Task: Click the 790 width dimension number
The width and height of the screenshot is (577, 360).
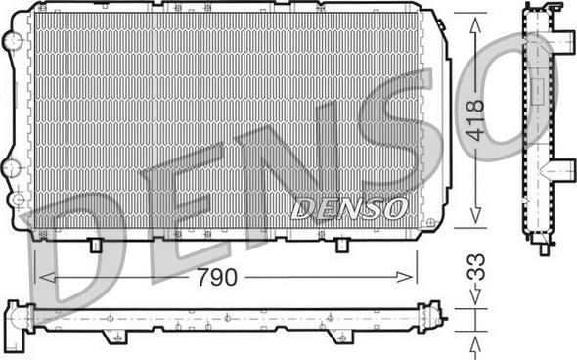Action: click(x=217, y=277)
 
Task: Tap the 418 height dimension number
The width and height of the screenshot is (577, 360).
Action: click(x=474, y=120)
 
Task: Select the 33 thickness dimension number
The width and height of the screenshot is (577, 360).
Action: click(x=476, y=268)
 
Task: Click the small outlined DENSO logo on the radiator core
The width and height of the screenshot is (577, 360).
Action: click(x=349, y=208)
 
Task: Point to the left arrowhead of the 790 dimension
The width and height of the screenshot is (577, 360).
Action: click(x=47, y=277)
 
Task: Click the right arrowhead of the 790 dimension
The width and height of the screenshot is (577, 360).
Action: click(x=404, y=277)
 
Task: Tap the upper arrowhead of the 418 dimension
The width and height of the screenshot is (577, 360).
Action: click(x=475, y=24)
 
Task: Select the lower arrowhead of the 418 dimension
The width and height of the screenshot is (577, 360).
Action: click(x=475, y=214)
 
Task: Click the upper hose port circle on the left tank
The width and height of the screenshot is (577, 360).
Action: click(x=13, y=40)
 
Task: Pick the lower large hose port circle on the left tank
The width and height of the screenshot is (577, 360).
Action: click(x=13, y=168)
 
